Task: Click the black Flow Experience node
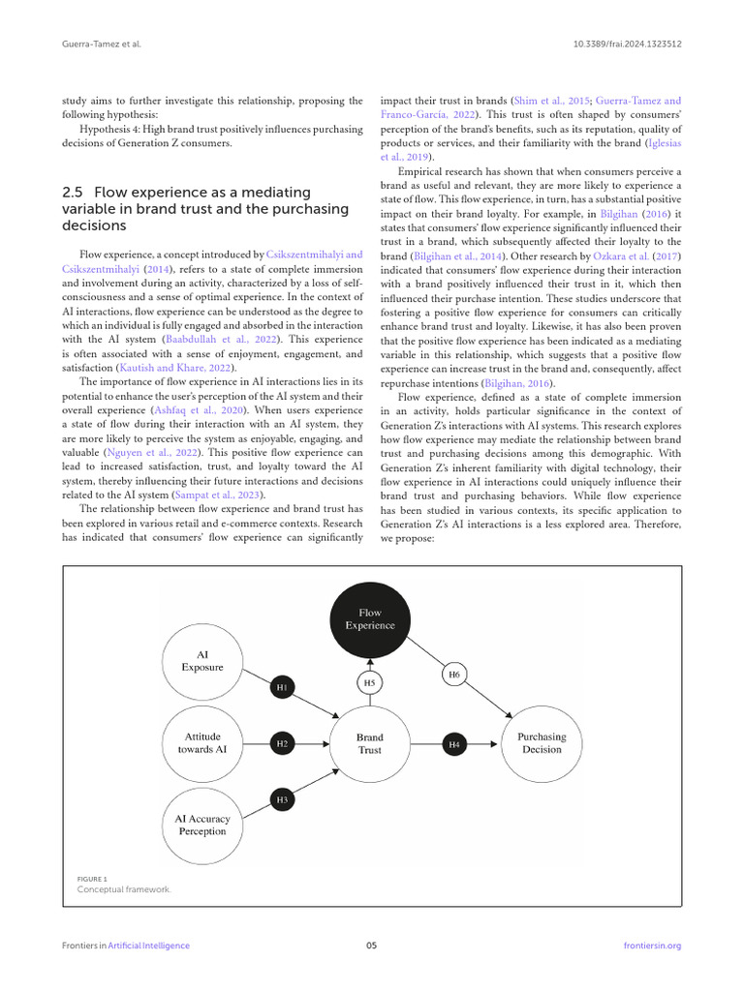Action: click(370, 619)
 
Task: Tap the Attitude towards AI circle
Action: click(202, 743)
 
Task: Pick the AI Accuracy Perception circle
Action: click(202, 825)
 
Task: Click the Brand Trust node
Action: click(369, 743)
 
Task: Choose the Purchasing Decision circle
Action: click(541, 743)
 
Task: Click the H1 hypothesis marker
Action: click(281, 687)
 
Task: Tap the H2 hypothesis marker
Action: click(281, 744)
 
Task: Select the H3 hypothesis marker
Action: click(281, 800)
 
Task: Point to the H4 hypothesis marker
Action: click(454, 744)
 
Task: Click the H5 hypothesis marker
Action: click(369, 682)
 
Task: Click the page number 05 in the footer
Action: click(371, 946)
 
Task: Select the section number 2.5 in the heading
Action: click(73, 192)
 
